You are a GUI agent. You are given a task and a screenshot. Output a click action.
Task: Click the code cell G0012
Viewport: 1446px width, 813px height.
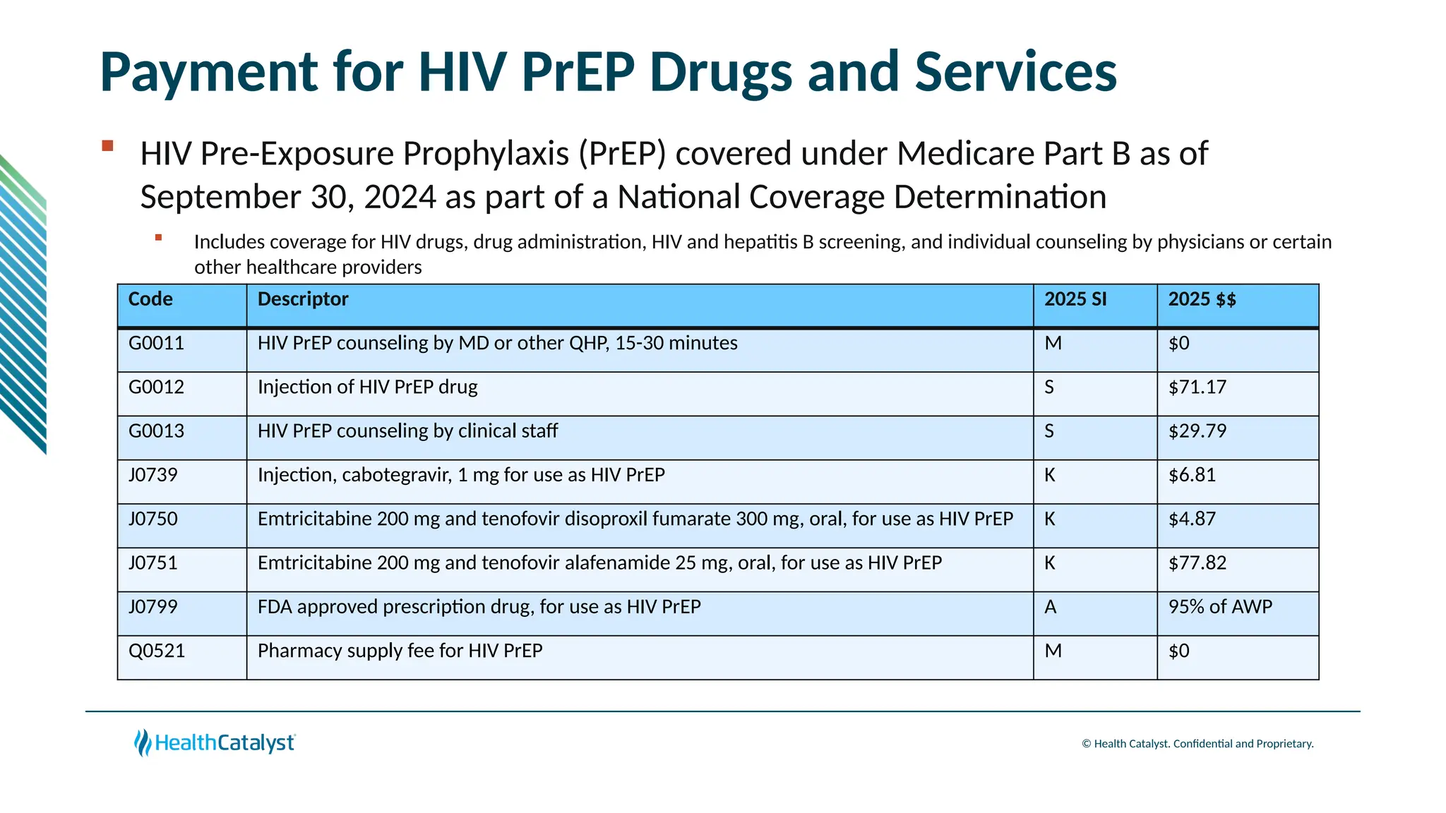point(156,387)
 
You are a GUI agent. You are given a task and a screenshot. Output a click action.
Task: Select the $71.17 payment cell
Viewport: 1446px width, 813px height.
point(1197,387)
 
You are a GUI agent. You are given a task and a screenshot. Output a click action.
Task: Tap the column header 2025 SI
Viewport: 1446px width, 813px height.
point(1075,299)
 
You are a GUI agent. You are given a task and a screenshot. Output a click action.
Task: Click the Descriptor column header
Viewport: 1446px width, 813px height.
point(303,299)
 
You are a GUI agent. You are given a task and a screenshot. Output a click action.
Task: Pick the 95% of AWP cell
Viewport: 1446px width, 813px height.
point(1219,607)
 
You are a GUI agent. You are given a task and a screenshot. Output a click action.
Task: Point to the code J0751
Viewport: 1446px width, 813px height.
point(153,563)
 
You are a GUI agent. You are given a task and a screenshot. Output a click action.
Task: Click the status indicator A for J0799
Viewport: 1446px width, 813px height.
point(1050,607)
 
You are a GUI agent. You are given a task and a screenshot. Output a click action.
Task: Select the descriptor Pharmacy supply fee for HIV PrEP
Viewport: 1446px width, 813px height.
point(400,651)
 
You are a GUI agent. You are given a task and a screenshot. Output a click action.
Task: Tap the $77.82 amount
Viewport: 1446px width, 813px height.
point(1197,563)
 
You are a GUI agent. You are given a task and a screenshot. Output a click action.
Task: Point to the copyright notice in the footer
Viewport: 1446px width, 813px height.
point(1197,744)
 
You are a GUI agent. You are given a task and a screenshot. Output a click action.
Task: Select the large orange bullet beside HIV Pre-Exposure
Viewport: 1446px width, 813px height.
point(107,146)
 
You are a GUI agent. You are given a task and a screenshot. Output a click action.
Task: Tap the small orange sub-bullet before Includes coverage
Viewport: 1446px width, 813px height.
point(159,238)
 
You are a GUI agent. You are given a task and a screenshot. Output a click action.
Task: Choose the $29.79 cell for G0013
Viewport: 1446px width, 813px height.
point(1197,431)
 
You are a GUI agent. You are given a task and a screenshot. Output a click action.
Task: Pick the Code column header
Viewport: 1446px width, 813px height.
point(150,299)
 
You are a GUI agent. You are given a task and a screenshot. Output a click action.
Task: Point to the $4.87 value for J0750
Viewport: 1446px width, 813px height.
point(1192,519)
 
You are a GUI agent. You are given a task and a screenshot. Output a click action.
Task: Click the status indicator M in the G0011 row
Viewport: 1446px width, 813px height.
point(1053,344)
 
